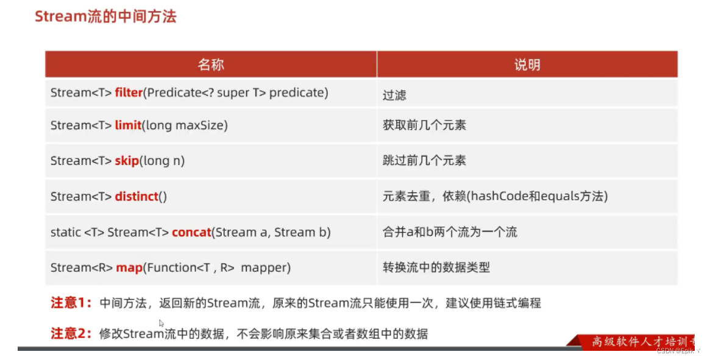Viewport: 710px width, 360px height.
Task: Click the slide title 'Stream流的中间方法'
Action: [x=105, y=16]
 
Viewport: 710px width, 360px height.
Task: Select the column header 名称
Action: [x=210, y=65]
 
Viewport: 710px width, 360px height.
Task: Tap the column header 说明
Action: [x=527, y=65]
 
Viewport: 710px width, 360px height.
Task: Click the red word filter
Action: [x=128, y=93]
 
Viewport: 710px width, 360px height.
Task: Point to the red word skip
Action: [x=127, y=161]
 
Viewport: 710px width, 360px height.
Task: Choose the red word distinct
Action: [x=137, y=196]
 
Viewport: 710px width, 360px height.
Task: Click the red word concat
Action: [x=191, y=232]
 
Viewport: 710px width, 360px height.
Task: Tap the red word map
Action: [x=129, y=267]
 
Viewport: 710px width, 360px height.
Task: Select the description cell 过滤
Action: [x=394, y=95]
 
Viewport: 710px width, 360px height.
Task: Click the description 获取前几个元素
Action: [x=424, y=125]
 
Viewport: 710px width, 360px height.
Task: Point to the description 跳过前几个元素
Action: [x=424, y=161]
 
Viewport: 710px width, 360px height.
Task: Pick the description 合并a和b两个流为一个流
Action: [x=450, y=232]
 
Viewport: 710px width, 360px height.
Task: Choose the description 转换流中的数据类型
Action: [x=436, y=267]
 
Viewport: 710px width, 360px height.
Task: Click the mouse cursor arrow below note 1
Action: [x=162, y=323]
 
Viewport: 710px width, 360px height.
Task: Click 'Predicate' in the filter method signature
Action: [x=174, y=93]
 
